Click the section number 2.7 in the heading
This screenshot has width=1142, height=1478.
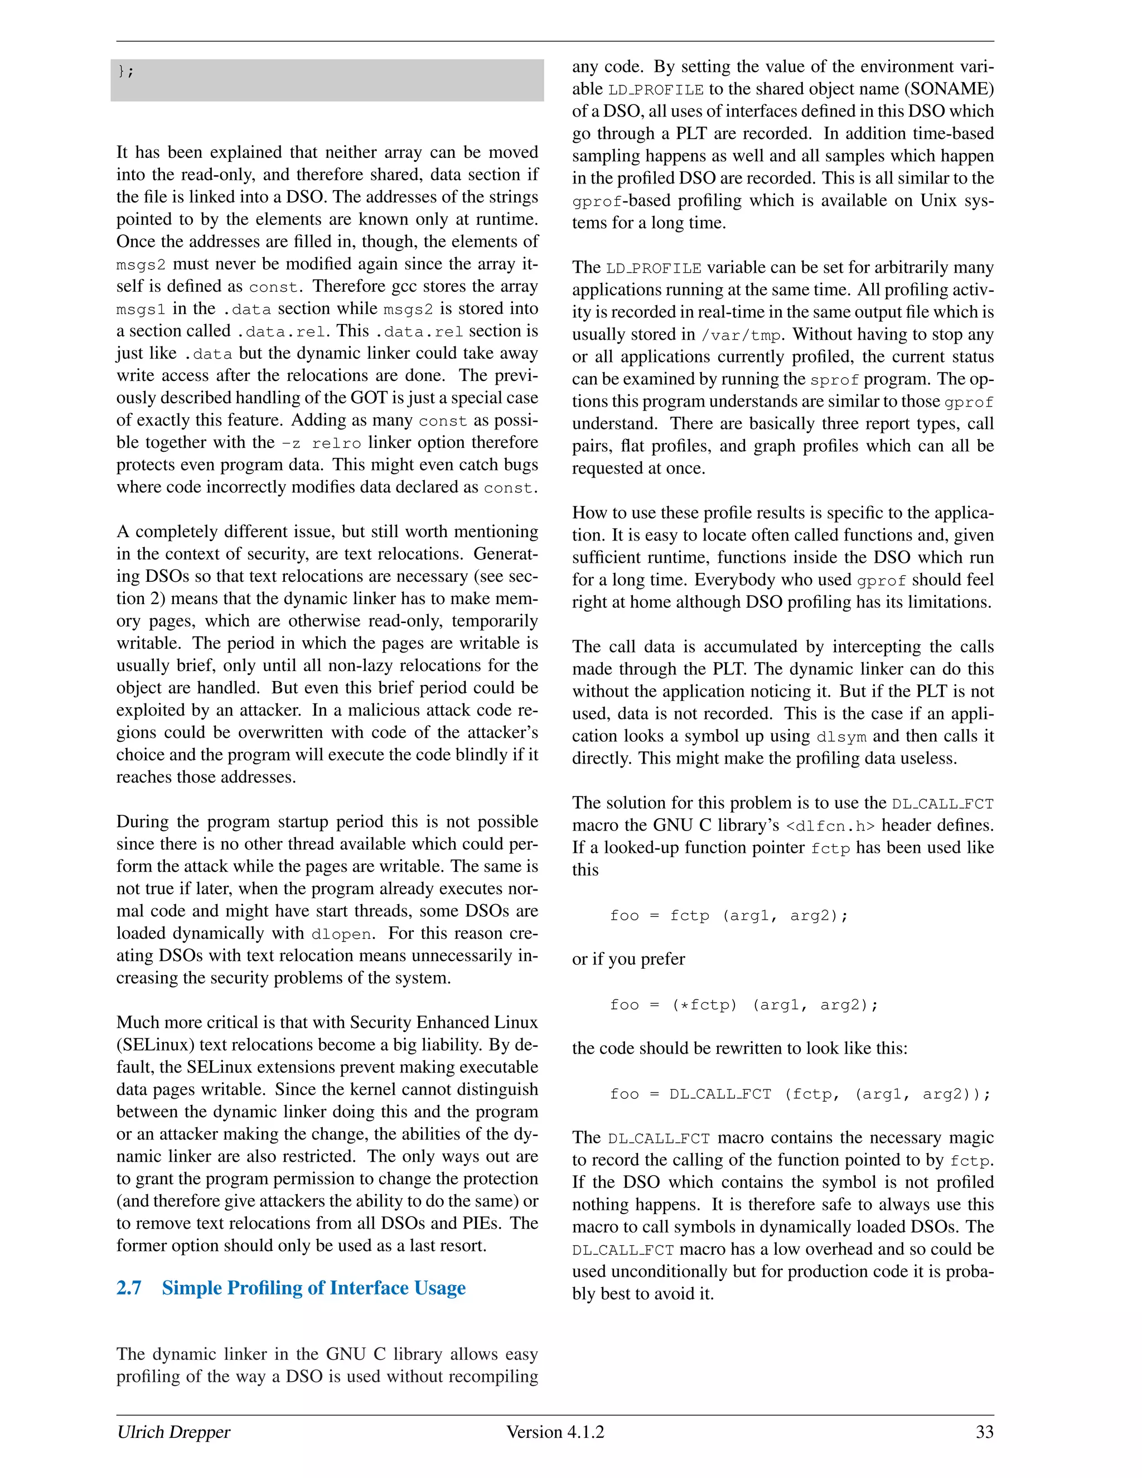129,1288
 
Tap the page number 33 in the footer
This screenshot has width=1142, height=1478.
984,1432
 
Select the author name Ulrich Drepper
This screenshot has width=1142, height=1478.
173,1432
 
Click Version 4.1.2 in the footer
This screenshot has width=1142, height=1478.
555,1432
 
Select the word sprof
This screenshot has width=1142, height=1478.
834,380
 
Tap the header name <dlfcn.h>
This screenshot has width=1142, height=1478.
830,827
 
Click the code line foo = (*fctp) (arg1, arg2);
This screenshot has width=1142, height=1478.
743,1005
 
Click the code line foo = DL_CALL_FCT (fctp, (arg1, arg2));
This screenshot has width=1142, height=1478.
800,1094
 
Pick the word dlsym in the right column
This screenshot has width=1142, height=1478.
841,737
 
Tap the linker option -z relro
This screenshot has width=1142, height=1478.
321,443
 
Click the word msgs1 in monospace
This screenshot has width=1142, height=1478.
141,310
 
